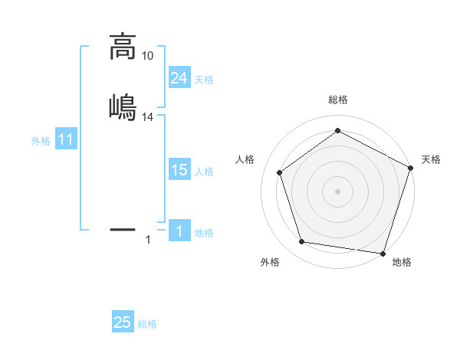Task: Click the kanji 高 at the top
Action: pyautogui.click(x=123, y=47)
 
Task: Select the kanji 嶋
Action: pyautogui.click(x=123, y=106)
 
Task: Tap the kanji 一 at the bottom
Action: pyautogui.click(x=123, y=228)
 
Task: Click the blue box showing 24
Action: pyautogui.click(x=179, y=77)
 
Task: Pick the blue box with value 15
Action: pyautogui.click(x=179, y=170)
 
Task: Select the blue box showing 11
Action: pyautogui.click(x=66, y=140)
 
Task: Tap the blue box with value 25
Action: pyautogui.click(x=123, y=322)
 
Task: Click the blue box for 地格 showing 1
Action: pyautogui.click(x=179, y=231)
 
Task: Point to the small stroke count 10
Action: pyautogui.click(x=148, y=55)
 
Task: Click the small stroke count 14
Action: pyautogui.click(x=148, y=116)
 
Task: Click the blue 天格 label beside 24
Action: pyautogui.click(x=204, y=80)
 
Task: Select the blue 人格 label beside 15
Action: pyautogui.click(x=204, y=172)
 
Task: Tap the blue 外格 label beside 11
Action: pyautogui.click(x=41, y=141)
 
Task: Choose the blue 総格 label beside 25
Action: pyautogui.click(x=147, y=325)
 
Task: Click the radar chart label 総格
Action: pyautogui.click(x=337, y=100)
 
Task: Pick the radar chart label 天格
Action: pyautogui.click(x=431, y=159)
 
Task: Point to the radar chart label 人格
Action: pyautogui.click(x=245, y=159)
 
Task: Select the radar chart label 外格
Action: pyautogui.click(x=270, y=262)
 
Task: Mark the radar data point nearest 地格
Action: pyautogui.click(x=383, y=253)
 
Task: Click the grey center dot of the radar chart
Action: pyautogui.click(x=337, y=191)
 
